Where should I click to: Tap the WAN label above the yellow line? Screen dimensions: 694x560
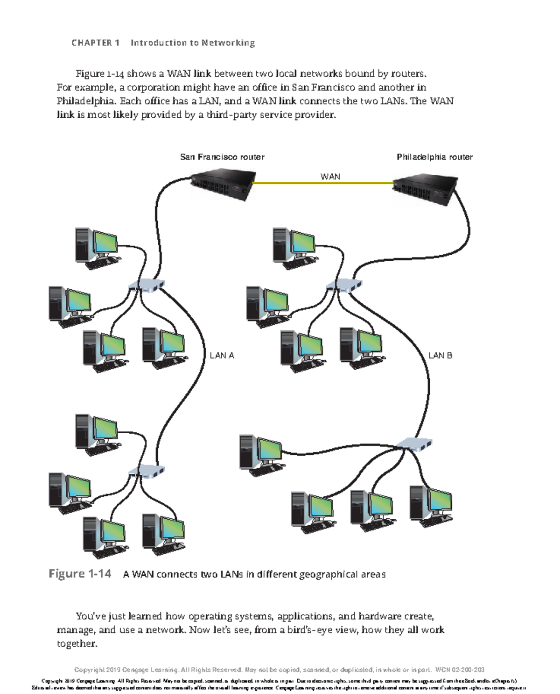pyautogui.click(x=330, y=177)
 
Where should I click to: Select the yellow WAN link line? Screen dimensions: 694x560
pyautogui.click(x=322, y=183)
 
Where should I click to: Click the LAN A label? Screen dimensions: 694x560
pyautogui.click(x=222, y=356)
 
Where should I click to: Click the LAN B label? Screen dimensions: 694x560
pyautogui.click(x=440, y=356)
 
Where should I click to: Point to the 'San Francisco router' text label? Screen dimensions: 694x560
pyautogui.click(x=222, y=157)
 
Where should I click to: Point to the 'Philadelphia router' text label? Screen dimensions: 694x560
pyautogui.click(x=434, y=157)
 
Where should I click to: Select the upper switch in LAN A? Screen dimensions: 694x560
pyautogui.click(x=147, y=285)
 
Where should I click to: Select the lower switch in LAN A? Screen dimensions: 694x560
pyautogui.click(x=147, y=471)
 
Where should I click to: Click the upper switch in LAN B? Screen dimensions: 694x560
pyautogui.click(x=344, y=285)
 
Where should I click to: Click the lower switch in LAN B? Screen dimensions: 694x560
pyautogui.click(x=414, y=444)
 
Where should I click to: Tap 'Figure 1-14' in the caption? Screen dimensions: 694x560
pyautogui.click(x=80, y=573)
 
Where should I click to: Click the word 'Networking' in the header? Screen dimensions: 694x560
pyautogui.click(x=228, y=43)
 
